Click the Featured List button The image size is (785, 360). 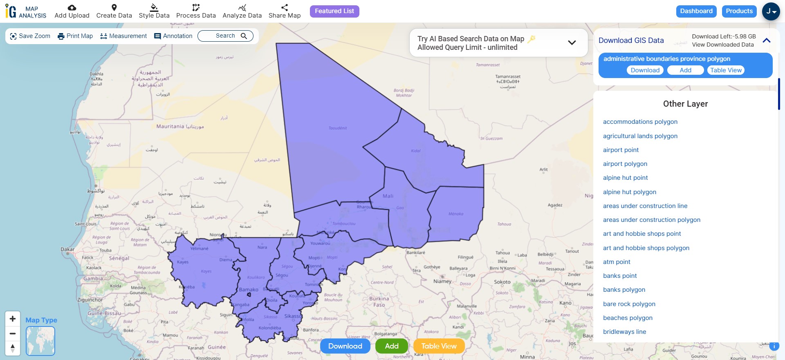(334, 11)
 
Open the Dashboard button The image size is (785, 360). (696, 11)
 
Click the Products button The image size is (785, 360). (739, 11)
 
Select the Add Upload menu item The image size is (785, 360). (72, 11)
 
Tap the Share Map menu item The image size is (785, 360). (285, 11)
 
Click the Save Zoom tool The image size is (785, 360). (30, 36)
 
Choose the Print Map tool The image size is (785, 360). (75, 36)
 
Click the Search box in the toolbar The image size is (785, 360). (225, 36)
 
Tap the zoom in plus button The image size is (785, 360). (13, 319)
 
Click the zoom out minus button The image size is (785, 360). (13, 333)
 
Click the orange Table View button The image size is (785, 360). (439, 346)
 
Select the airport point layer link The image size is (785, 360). (621, 150)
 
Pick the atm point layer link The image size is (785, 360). (617, 262)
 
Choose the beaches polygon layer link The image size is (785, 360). (628, 318)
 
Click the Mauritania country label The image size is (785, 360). (170, 126)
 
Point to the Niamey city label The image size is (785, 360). (442, 281)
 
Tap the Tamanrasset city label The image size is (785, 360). (508, 76)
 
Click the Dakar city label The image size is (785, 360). (67, 249)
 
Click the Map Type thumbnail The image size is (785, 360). (40, 341)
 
